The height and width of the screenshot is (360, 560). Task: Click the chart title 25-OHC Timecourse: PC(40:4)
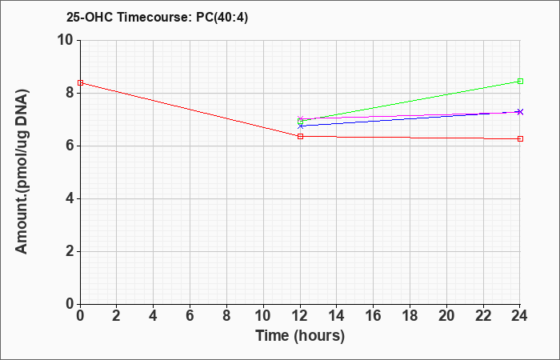157,18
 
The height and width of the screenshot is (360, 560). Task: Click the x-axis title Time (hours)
300,336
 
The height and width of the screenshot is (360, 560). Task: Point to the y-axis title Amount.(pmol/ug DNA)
22,172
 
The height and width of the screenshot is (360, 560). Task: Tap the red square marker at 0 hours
80,83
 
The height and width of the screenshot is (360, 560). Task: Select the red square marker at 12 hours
300,137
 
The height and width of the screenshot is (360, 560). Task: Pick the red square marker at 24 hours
520,139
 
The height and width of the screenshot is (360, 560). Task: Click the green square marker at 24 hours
520,82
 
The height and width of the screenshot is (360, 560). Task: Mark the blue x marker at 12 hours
300,126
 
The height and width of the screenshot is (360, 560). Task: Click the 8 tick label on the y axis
70,94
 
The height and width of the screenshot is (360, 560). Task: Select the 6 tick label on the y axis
70,146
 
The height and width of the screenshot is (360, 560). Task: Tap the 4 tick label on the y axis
70,199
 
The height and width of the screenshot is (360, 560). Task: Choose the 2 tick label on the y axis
70,252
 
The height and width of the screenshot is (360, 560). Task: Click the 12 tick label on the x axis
300,316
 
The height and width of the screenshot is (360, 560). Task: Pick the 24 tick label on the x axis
519,316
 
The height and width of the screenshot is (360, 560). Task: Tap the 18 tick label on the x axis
410,316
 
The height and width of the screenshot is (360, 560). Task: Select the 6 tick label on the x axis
190,316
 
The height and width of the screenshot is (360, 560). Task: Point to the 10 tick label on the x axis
263,316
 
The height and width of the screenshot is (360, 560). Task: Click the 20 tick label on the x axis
446,316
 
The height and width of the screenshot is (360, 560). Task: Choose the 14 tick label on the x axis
337,316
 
